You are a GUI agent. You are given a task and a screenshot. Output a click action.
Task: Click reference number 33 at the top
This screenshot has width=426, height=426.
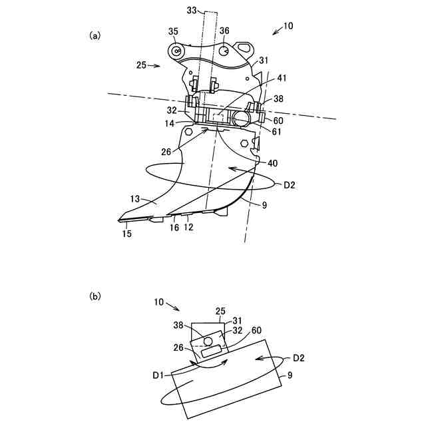(x=192, y=10)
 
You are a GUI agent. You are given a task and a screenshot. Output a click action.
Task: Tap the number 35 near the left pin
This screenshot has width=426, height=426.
(x=173, y=31)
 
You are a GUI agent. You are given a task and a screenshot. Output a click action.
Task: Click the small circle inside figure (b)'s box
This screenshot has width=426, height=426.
(x=208, y=341)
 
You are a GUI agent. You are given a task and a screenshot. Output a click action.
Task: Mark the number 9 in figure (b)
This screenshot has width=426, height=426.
(x=290, y=375)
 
